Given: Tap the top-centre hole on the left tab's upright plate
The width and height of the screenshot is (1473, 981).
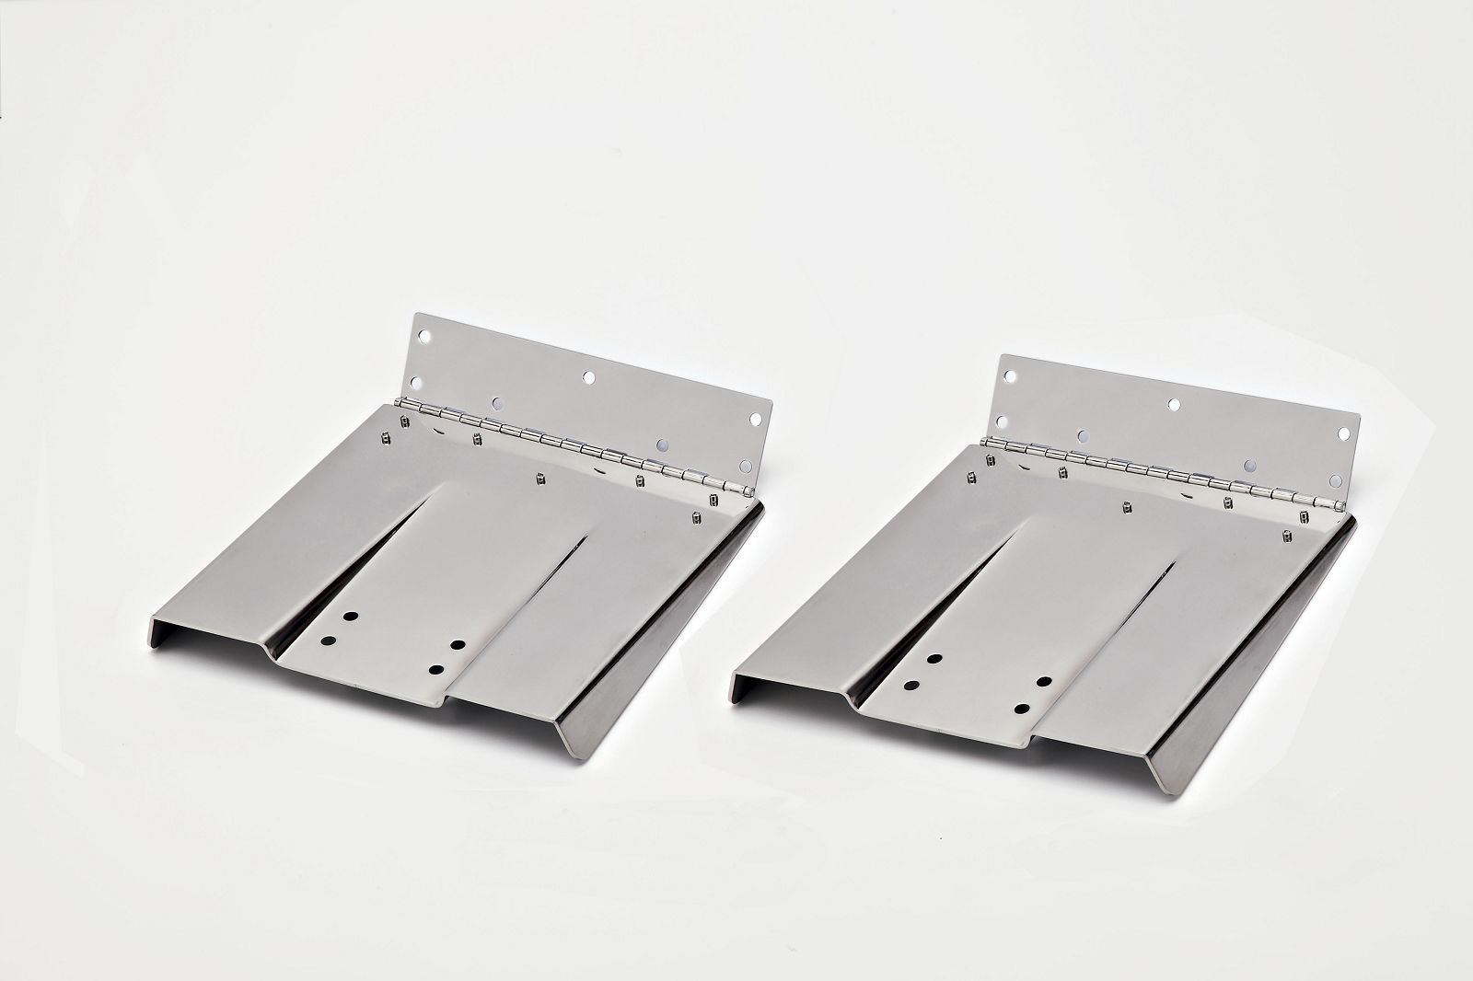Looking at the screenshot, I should [x=587, y=377].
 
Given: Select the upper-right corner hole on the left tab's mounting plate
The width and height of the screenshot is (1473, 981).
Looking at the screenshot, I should [x=755, y=419].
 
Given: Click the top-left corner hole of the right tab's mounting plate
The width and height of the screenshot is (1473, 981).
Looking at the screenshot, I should [x=1010, y=376].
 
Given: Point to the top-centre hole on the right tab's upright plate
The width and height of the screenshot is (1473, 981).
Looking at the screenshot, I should [x=1174, y=403].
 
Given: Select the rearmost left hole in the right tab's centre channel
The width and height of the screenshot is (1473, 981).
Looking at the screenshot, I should [x=934, y=659].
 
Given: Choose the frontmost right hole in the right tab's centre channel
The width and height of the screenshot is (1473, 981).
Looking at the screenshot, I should [x=1022, y=709].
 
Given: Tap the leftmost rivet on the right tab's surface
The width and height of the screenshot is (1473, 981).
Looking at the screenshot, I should [x=972, y=477].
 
